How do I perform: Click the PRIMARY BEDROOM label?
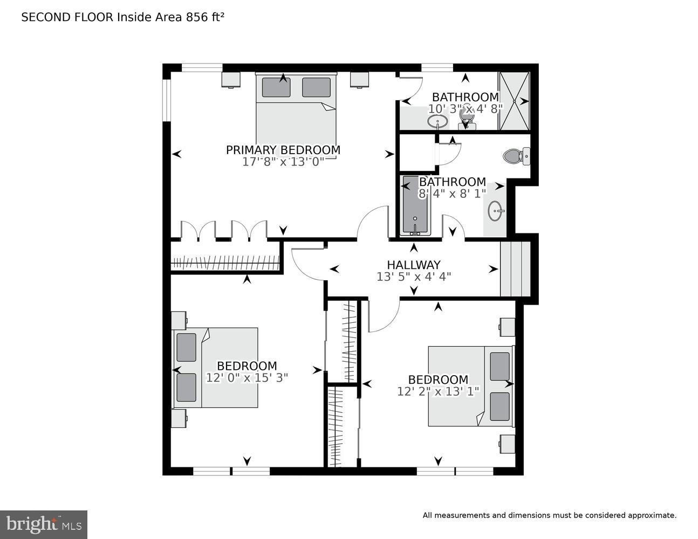[x=283, y=150]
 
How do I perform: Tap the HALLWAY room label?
[x=413, y=265]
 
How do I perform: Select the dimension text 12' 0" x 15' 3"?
[x=247, y=378]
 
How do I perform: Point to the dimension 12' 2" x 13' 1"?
[x=437, y=391]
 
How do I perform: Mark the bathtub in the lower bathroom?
[x=414, y=206]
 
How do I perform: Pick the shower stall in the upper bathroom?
[x=514, y=101]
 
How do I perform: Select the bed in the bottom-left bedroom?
[x=216, y=367]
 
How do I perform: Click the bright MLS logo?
[x=44, y=524]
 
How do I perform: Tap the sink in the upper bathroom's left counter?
[x=437, y=121]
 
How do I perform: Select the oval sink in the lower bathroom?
[x=495, y=211]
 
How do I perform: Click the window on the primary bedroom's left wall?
[x=167, y=101]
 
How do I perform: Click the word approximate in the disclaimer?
[x=652, y=515]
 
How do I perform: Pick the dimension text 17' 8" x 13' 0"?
[x=283, y=162]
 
